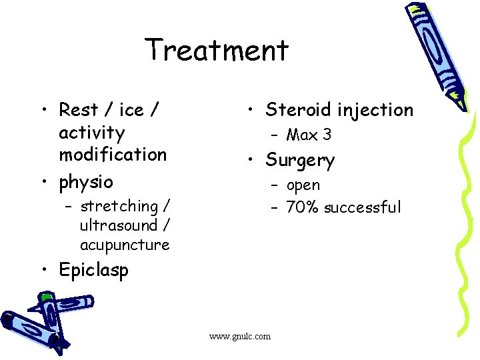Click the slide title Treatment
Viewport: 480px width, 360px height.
(217, 51)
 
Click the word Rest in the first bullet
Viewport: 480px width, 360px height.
(78, 109)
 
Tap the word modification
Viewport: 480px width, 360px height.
(113, 155)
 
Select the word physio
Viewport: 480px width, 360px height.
(86, 182)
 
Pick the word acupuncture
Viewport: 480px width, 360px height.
(125, 245)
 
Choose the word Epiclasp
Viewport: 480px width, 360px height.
(93, 270)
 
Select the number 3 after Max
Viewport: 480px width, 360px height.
(326, 135)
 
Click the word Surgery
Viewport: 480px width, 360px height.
(299, 161)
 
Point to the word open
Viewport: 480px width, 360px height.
(303, 185)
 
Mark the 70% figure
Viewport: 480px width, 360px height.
(303, 207)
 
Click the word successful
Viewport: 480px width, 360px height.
(363, 207)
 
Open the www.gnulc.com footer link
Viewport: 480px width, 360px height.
(240, 336)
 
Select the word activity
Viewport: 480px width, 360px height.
(91, 133)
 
